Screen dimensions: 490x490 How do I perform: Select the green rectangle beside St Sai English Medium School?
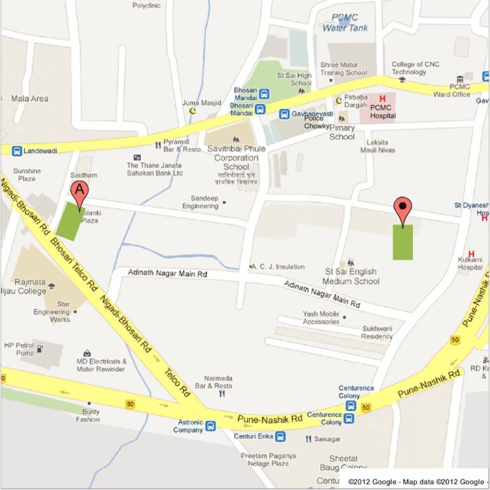tap(403, 242)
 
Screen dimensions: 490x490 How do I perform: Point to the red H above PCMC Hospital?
tap(383, 99)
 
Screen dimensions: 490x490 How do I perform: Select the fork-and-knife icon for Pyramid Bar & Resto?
tap(157, 145)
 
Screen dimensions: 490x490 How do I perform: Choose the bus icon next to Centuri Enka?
tap(280, 436)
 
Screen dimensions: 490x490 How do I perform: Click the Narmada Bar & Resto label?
tap(213, 382)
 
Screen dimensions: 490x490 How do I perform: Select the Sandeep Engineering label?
tap(200, 202)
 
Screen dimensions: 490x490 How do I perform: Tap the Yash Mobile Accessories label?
tap(321, 317)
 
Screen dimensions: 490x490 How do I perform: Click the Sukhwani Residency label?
tap(377, 332)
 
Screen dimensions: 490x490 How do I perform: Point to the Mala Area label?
tap(29, 98)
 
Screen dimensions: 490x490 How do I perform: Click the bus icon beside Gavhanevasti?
tap(284, 114)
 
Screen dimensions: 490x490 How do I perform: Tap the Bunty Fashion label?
tap(88, 415)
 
